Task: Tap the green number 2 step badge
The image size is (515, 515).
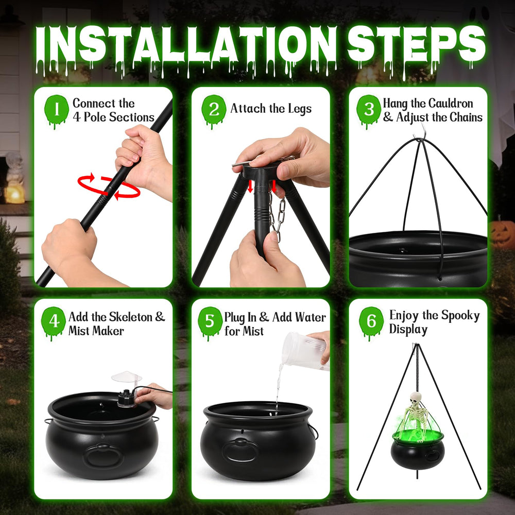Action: coord(214,110)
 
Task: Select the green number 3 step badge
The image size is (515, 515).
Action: coord(369,110)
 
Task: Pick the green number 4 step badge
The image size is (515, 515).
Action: coord(54,322)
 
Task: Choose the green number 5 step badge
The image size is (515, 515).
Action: coord(210,322)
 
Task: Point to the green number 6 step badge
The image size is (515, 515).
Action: coord(371,322)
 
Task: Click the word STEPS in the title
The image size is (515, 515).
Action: coord(416,45)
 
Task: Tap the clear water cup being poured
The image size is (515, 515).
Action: coord(304,351)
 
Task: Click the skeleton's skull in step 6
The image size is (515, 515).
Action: coord(416,398)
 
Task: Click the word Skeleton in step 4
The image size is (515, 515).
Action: coord(131,317)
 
